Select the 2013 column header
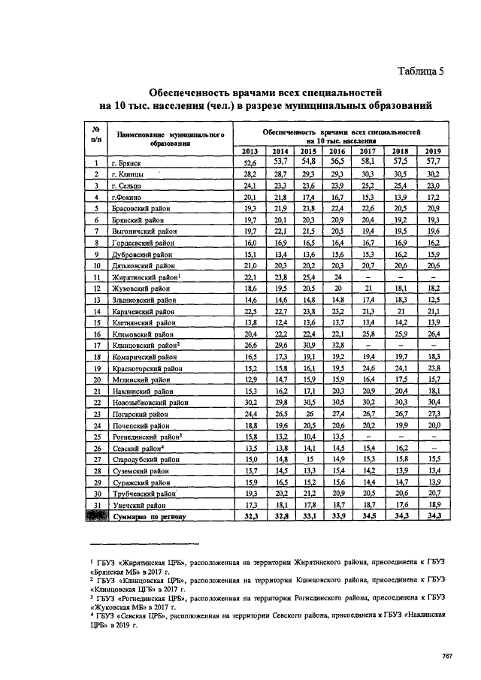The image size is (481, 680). (x=250, y=150)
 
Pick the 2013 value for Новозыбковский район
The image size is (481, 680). (x=250, y=402)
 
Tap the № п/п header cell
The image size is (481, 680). (x=96, y=133)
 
